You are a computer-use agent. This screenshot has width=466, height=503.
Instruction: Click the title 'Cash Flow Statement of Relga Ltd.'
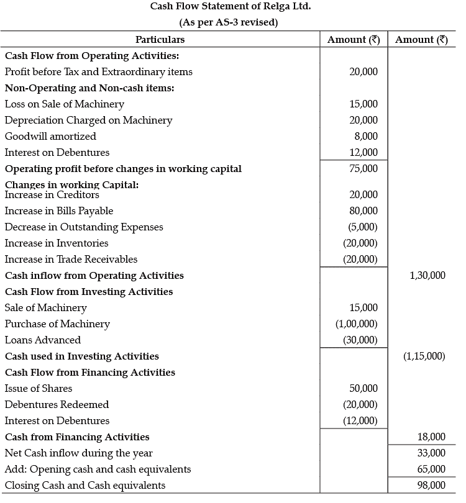[231, 7]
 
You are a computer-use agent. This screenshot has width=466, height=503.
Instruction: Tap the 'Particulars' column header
[160, 40]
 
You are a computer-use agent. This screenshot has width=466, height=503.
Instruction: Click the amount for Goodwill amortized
[363, 136]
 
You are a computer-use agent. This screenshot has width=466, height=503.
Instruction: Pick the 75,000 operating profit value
[363, 168]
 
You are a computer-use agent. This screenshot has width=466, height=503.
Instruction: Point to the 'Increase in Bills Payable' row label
[59, 211]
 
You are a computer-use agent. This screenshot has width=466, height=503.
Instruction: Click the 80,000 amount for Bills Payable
[363, 211]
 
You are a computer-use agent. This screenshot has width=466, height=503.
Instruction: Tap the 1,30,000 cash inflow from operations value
[427, 276]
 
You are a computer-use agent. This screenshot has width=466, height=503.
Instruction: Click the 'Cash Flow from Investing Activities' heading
[89, 292]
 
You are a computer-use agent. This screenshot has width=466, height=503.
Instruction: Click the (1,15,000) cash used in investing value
[424, 356]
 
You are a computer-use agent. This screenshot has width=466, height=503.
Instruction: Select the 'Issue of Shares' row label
[39, 389]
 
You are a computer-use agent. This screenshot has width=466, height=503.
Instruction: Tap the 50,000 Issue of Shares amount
[363, 389]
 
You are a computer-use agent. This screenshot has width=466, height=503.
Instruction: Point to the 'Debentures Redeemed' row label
[57, 405]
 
